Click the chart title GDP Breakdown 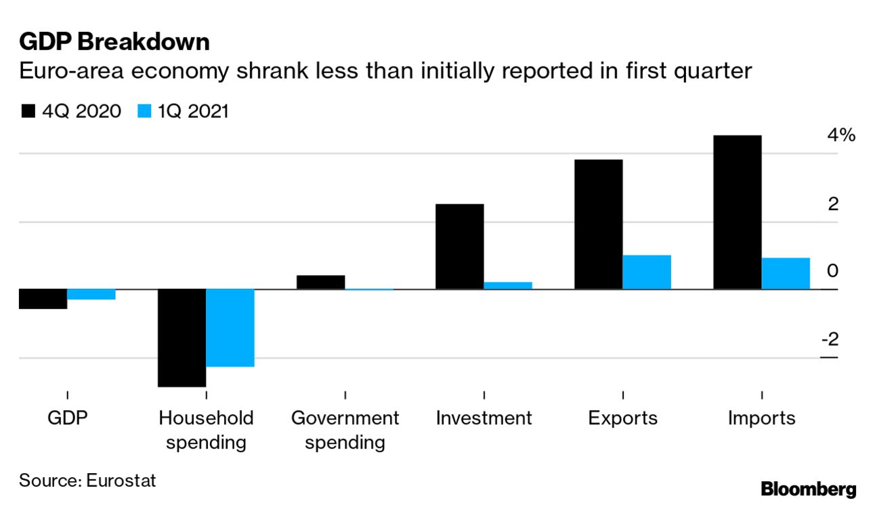click(x=114, y=42)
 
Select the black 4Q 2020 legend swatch click(x=28, y=111)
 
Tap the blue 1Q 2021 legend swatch click(x=144, y=111)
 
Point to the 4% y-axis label click(x=841, y=136)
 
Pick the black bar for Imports click(x=738, y=212)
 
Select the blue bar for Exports click(x=647, y=272)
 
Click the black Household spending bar click(x=182, y=338)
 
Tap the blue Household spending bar click(x=230, y=328)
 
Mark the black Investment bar click(x=459, y=247)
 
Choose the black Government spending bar click(x=320, y=282)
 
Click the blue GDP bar click(x=91, y=294)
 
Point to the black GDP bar click(x=43, y=299)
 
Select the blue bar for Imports click(x=786, y=274)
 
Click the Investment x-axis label click(x=484, y=418)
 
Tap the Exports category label click(x=622, y=418)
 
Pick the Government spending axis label click(x=345, y=430)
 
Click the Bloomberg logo click(x=808, y=489)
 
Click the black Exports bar click(x=598, y=224)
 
